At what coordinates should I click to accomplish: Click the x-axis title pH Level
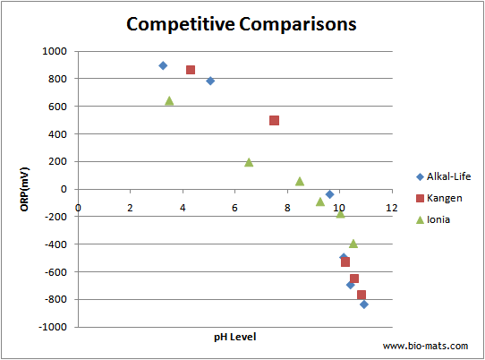(x=234, y=338)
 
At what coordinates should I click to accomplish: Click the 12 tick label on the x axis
(x=391, y=208)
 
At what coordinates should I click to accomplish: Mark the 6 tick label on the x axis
(x=234, y=208)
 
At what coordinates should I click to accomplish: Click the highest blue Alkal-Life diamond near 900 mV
(x=163, y=65)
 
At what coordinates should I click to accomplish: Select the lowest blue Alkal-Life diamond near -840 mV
(x=364, y=304)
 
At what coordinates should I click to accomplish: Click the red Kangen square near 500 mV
(x=274, y=120)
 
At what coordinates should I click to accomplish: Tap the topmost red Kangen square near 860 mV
(x=191, y=70)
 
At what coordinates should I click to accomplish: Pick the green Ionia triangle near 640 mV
(x=169, y=100)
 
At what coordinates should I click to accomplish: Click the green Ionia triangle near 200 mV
(x=249, y=162)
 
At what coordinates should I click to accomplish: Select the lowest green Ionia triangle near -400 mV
(x=353, y=244)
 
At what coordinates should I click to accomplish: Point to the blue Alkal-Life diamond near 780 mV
(x=210, y=81)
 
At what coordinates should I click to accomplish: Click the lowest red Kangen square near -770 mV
(x=362, y=295)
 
